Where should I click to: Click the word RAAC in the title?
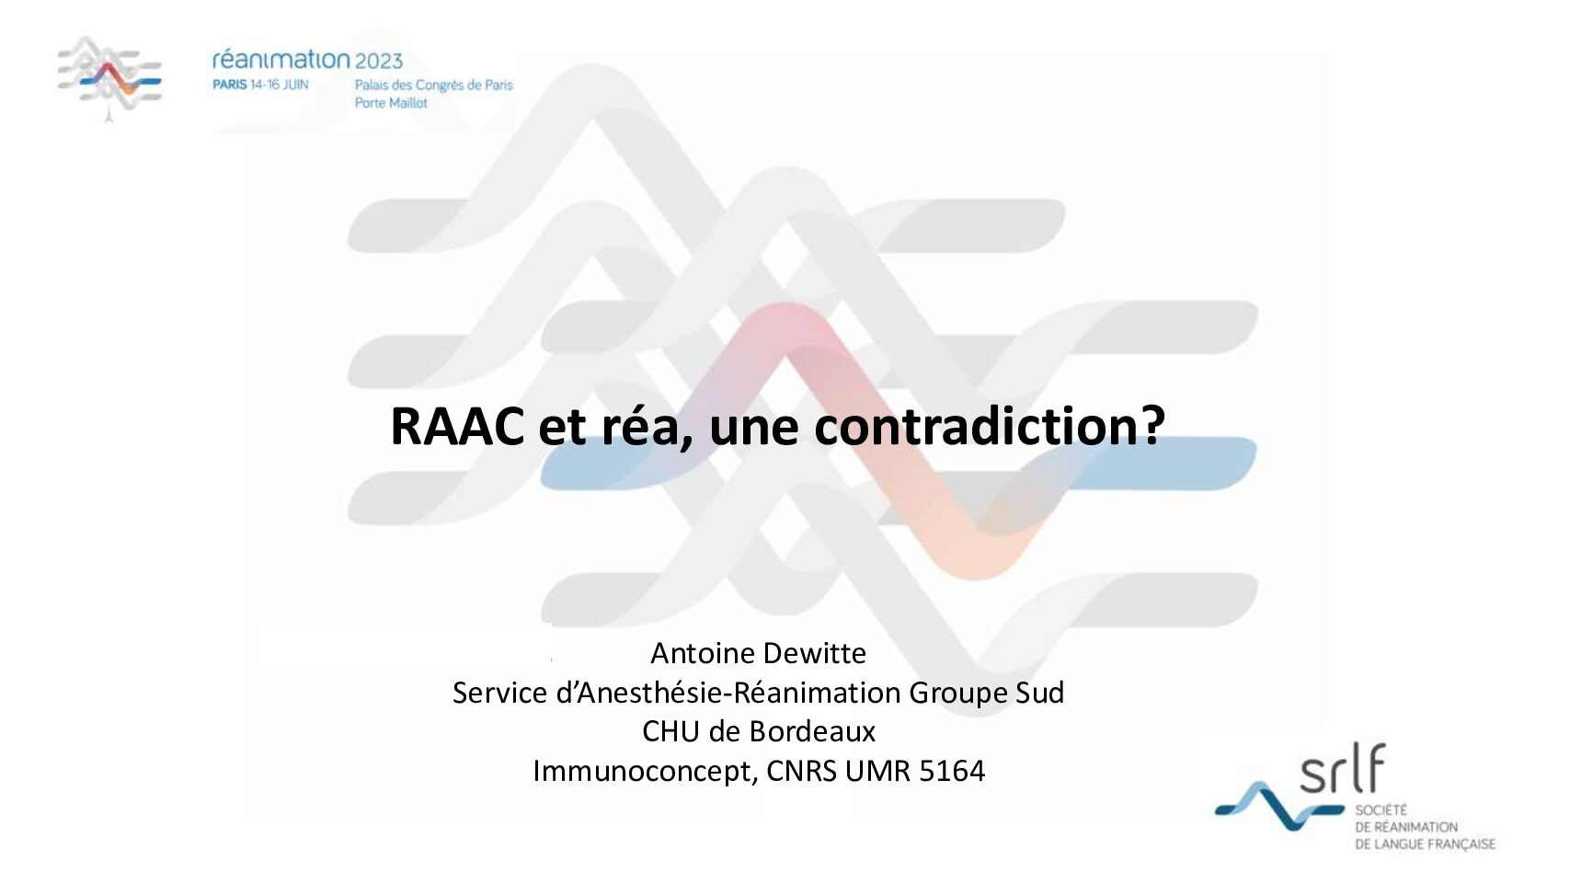[x=458, y=426]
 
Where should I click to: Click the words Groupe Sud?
[x=986, y=694]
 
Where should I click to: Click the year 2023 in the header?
[x=379, y=61]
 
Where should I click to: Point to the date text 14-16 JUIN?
[x=279, y=85]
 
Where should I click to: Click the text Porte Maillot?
[x=390, y=103]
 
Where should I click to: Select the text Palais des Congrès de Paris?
[x=434, y=86]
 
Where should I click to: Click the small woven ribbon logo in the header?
[x=109, y=77]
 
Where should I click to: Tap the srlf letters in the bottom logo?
[x=1342, y=767]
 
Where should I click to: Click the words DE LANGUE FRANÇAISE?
[x=1425, y=844]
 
